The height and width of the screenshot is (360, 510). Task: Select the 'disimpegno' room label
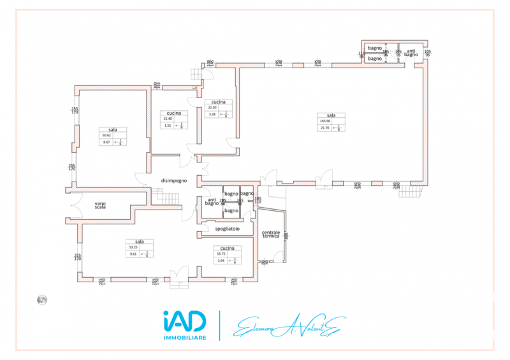(173, 180)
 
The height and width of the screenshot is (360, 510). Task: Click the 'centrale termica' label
(271, 234)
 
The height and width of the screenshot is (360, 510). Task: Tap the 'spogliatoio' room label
(227, 229)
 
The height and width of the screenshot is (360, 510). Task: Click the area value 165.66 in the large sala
(325, 121)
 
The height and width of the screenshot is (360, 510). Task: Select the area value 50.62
(106, 135)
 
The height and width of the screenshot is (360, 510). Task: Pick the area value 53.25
(134, 247)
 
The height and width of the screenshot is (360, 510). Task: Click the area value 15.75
(222, 254)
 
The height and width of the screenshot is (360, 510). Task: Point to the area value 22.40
(168, 119)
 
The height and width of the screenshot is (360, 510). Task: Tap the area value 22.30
(214, 108)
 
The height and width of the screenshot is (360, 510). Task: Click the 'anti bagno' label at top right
(411, 52)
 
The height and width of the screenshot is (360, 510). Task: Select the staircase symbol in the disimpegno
(170, 198)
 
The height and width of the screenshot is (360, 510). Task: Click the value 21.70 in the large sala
(324, 128)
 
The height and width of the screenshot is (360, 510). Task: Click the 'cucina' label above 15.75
(227, 248)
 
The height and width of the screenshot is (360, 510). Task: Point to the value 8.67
(106, 142)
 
